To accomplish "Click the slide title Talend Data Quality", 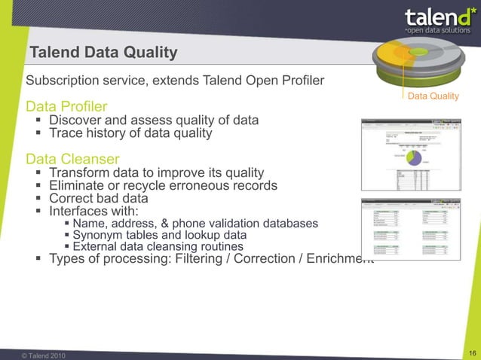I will tap(103, 53).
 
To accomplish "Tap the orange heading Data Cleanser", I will tap(72, 159).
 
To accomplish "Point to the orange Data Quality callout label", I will tap(433, 96).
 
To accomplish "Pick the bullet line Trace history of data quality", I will tap(130, 133).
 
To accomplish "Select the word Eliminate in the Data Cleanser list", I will tap(78, 185).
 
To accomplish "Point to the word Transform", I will tap(81, 172).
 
